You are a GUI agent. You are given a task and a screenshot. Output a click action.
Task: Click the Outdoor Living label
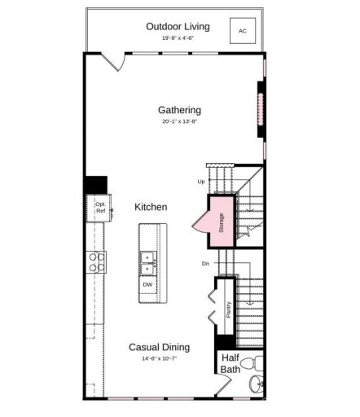[178, 26]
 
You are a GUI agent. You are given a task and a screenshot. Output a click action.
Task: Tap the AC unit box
[242, 32]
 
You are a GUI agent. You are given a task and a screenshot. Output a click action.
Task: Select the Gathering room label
[179, 110]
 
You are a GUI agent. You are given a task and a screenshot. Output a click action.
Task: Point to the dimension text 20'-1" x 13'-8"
[179, 121]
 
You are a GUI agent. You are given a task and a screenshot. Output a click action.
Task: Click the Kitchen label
[151, 208]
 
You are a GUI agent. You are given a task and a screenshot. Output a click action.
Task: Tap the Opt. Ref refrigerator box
[100, 208]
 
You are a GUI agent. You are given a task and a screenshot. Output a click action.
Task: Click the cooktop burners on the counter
[97, 261]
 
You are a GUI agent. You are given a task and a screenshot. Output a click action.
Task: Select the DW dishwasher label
[147, 285]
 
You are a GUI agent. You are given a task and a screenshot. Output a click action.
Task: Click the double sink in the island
[147, 261]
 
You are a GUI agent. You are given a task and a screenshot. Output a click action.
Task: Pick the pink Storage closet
[221, 222]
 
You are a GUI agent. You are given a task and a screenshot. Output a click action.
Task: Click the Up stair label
[200, 182]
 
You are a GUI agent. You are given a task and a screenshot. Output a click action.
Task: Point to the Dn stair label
[205, 264]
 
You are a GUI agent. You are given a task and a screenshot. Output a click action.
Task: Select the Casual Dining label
[160, 347]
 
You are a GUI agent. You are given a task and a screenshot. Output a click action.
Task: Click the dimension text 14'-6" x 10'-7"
[160, 358]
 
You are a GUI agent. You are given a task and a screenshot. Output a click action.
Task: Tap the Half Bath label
[230, 363]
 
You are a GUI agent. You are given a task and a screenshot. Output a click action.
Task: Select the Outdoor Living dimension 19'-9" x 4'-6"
[178, 38]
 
